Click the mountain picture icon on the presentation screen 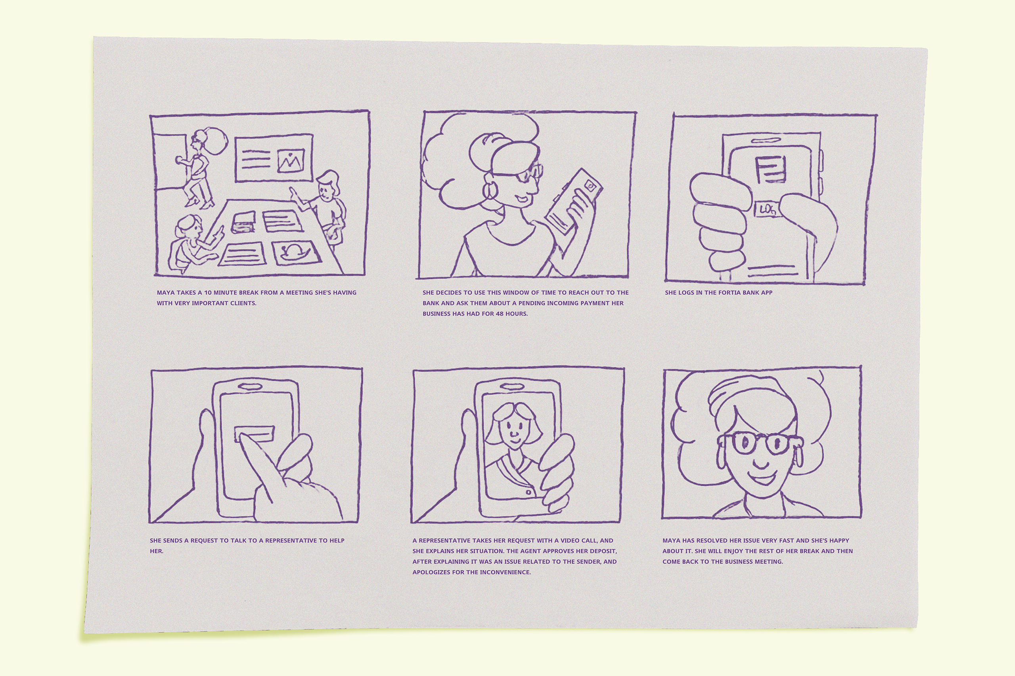(x=291, y=160)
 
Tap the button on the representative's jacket (x=528, y=492)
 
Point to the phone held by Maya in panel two (x=573, y=202)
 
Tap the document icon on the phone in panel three (x=770, y=170)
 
